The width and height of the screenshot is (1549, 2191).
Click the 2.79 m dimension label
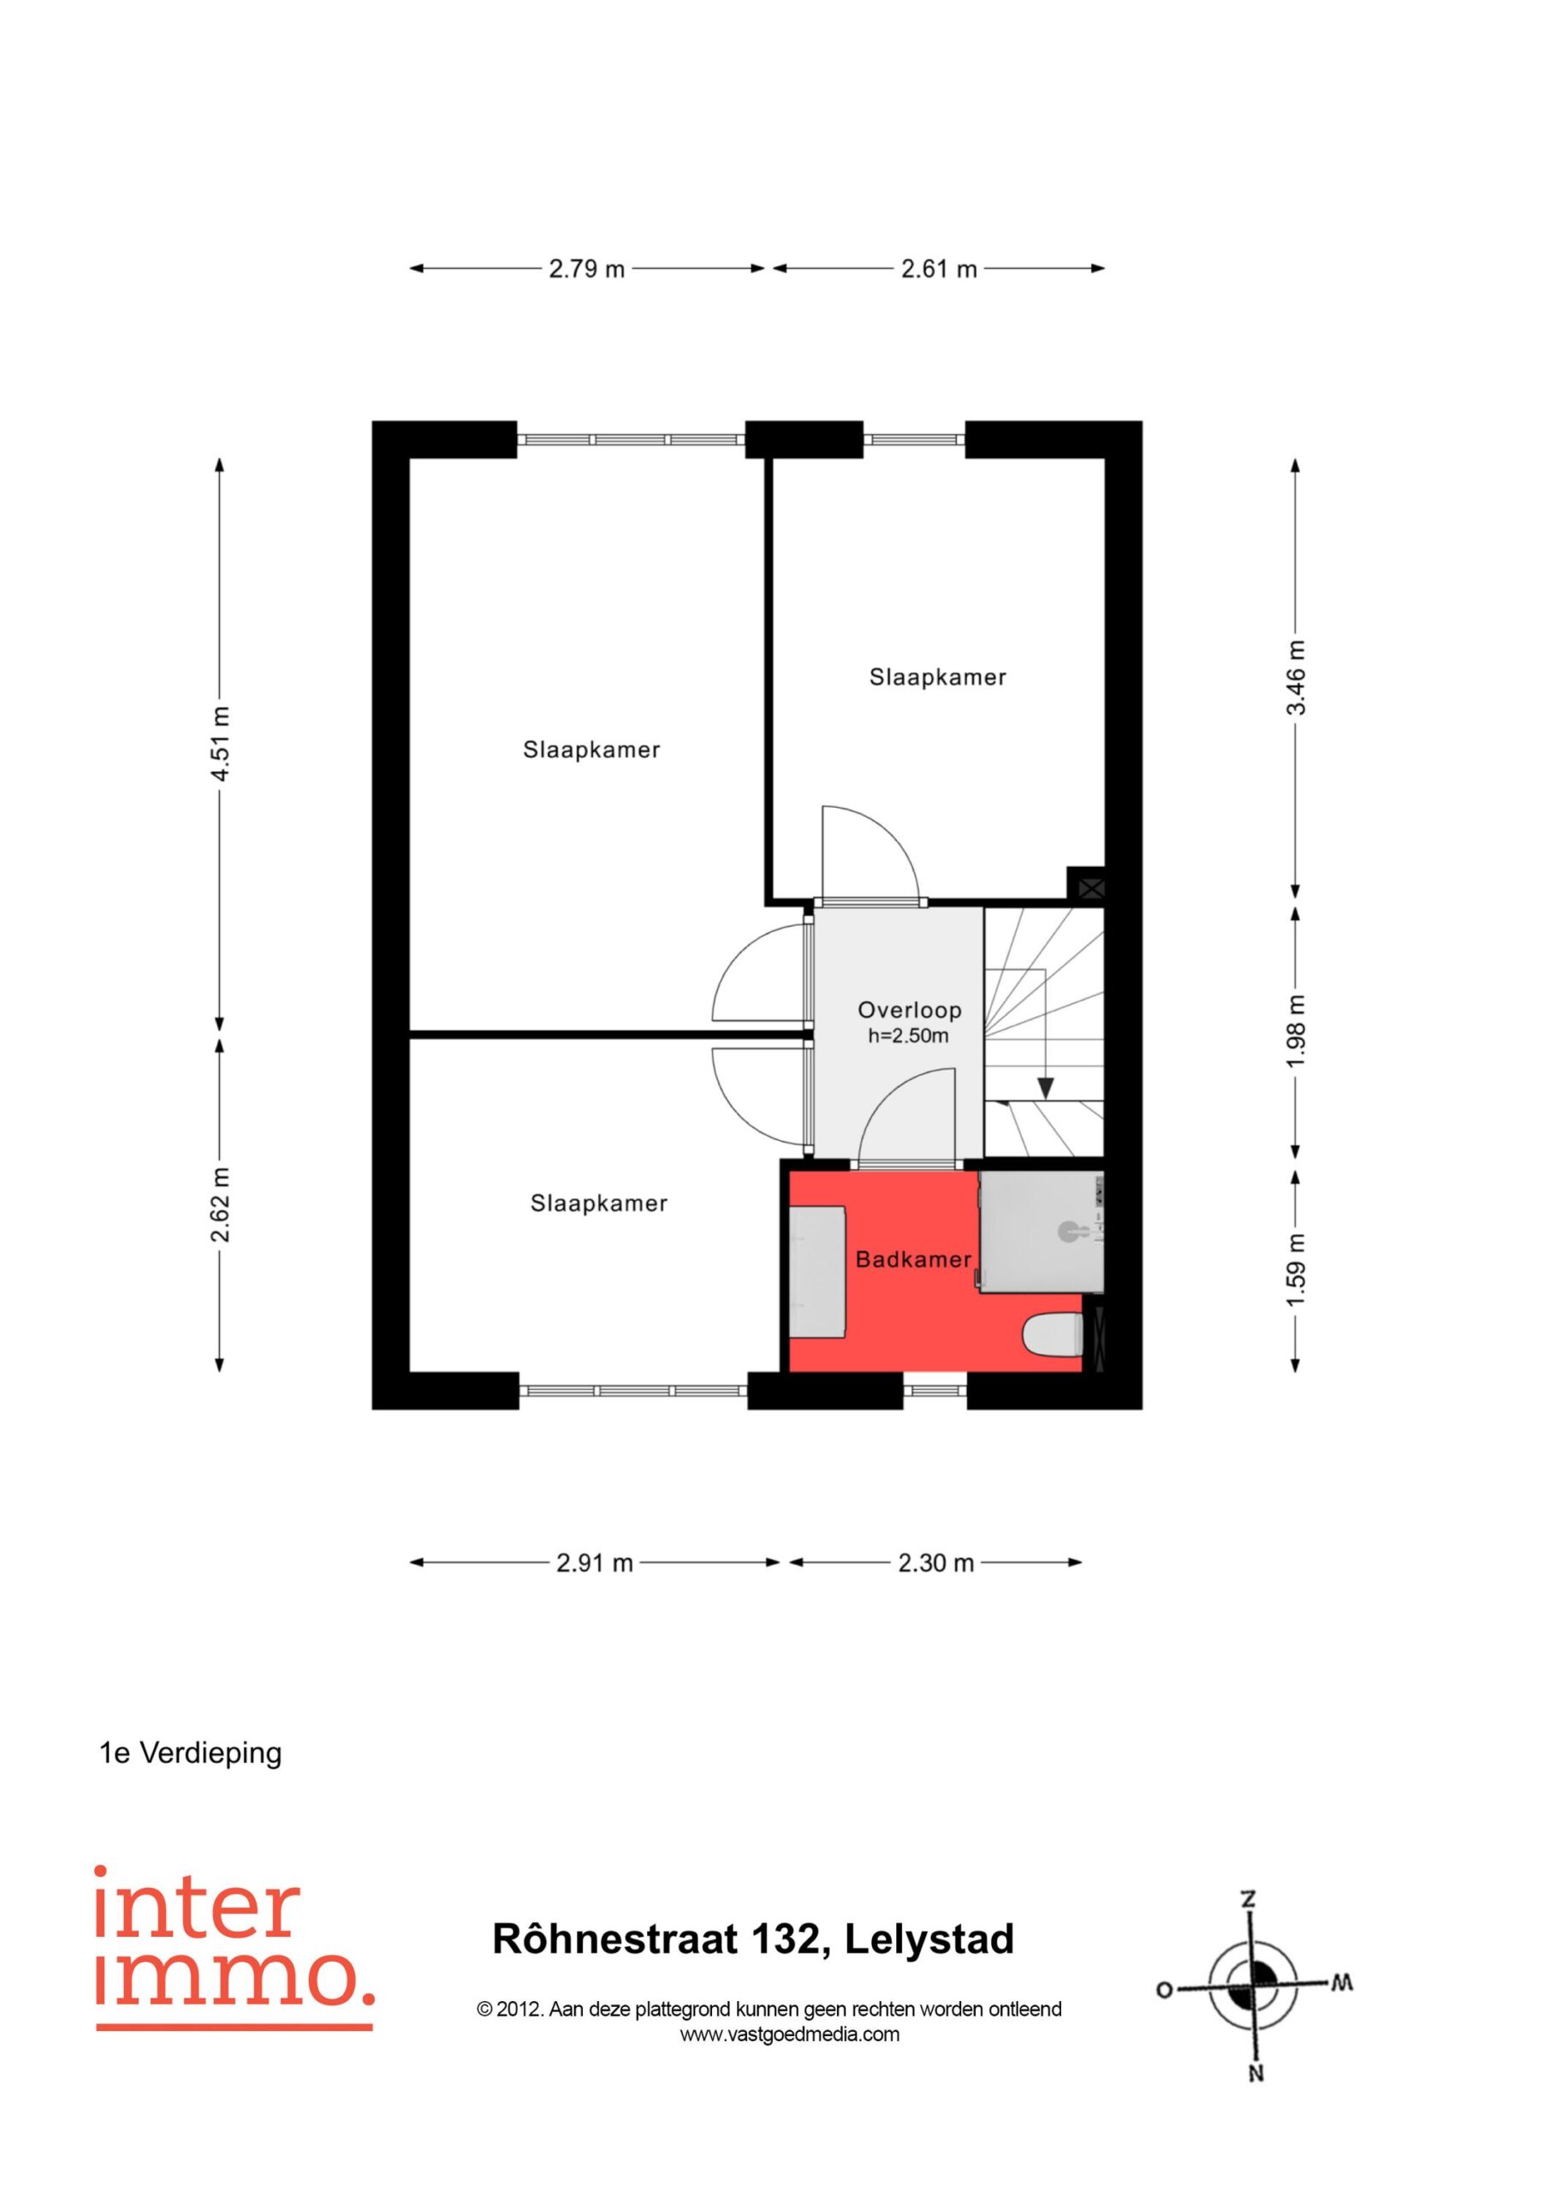[586, 269]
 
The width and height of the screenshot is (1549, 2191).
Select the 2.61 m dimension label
[939, 269]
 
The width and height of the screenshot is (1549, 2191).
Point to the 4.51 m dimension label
[220, 744]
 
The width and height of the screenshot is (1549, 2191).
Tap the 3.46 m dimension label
[1295, 677]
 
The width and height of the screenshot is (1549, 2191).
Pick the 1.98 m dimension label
[1295, 1031]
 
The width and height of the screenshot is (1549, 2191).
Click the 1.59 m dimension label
[1295, 1271]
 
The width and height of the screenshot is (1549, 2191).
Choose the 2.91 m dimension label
[595, 1563]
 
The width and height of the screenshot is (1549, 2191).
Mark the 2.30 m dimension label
[935, 1563]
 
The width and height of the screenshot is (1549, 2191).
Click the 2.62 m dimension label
[220, 1204]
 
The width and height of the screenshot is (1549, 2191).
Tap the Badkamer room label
[913, 1260]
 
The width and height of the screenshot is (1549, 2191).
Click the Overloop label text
[910, 1011]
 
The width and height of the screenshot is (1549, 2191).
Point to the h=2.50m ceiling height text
[909, 1036]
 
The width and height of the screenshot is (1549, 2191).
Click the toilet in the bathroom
[1052, 1334]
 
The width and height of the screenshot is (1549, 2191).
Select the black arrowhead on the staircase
[1046, 1088]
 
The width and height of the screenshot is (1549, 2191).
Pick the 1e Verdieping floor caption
[191, 1753]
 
